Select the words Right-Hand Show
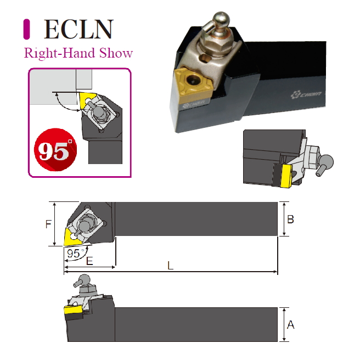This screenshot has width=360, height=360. click(x=78, y=53)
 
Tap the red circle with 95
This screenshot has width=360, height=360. click(x=55, y=150)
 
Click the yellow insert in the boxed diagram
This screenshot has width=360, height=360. click(x=87, y=99)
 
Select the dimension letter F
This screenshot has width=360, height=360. click(x=48, y=224)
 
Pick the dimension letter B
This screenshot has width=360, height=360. click(x=291, y=219)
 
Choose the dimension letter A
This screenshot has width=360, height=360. click(x=291, y=325)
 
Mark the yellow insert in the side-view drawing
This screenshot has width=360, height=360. click(x=72, y=312)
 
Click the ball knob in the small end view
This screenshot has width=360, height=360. click(x=327, y=161)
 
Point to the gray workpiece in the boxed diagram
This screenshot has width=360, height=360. click(x=52, y=88)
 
